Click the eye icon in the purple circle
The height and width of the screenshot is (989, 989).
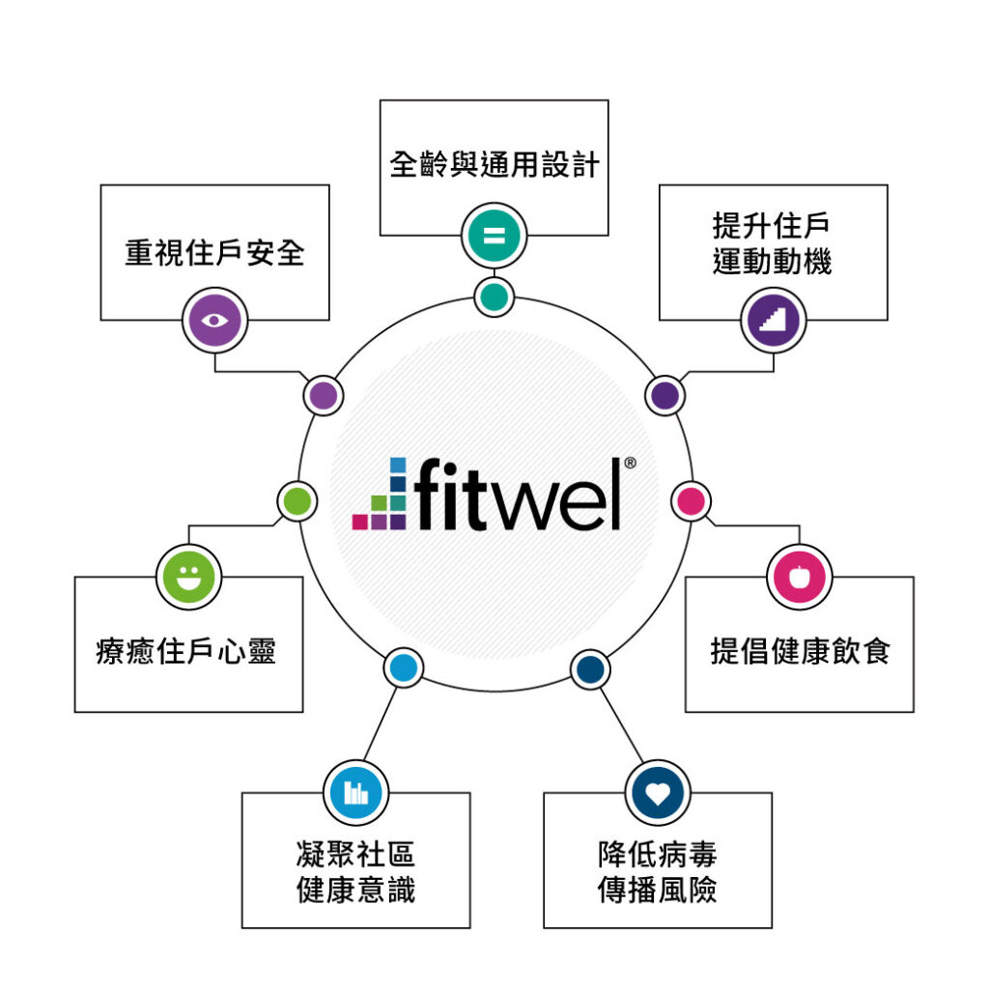point(214,321)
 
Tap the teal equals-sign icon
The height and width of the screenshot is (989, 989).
point(494,236)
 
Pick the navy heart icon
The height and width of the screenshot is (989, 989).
point(658,793)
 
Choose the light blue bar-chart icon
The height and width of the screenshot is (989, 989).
point(356,793)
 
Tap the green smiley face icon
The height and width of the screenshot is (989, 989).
point(188,578)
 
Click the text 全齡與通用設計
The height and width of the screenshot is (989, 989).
point(494,164)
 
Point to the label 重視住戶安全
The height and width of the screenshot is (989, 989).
point(214,252)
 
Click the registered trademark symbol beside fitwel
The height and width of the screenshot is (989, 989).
point(630,464)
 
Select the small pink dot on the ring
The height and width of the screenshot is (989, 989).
point(692,501)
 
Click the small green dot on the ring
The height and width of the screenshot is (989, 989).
point(297,501)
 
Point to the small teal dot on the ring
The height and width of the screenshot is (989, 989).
point(494,296)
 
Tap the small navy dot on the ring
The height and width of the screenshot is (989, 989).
point(590,668)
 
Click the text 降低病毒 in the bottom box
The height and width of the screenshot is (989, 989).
point(658,855)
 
